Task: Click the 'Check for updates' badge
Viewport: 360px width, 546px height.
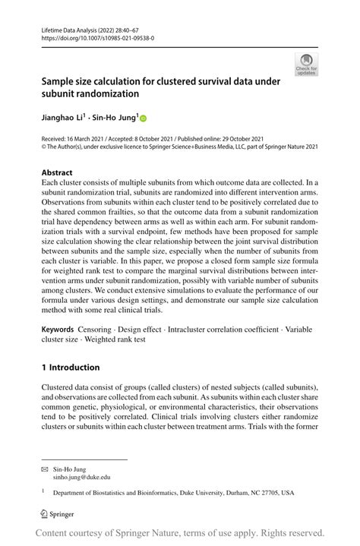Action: (x=306, y=65)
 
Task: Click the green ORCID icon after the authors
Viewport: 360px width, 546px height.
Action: (x=143, y=118)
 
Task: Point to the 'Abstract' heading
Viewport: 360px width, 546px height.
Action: (x=57, y=173)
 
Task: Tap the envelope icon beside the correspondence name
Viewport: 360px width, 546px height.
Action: (x=45, y=469)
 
